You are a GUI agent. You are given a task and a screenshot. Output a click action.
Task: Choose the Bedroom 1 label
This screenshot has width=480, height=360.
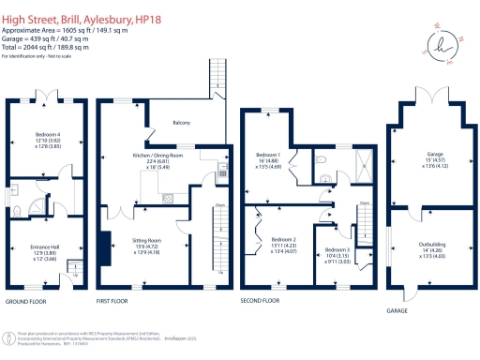[269, 154]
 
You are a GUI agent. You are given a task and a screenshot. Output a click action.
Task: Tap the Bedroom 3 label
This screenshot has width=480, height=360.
[338, 251]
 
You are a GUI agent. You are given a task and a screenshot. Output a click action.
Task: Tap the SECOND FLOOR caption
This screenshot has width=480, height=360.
[261, 302]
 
